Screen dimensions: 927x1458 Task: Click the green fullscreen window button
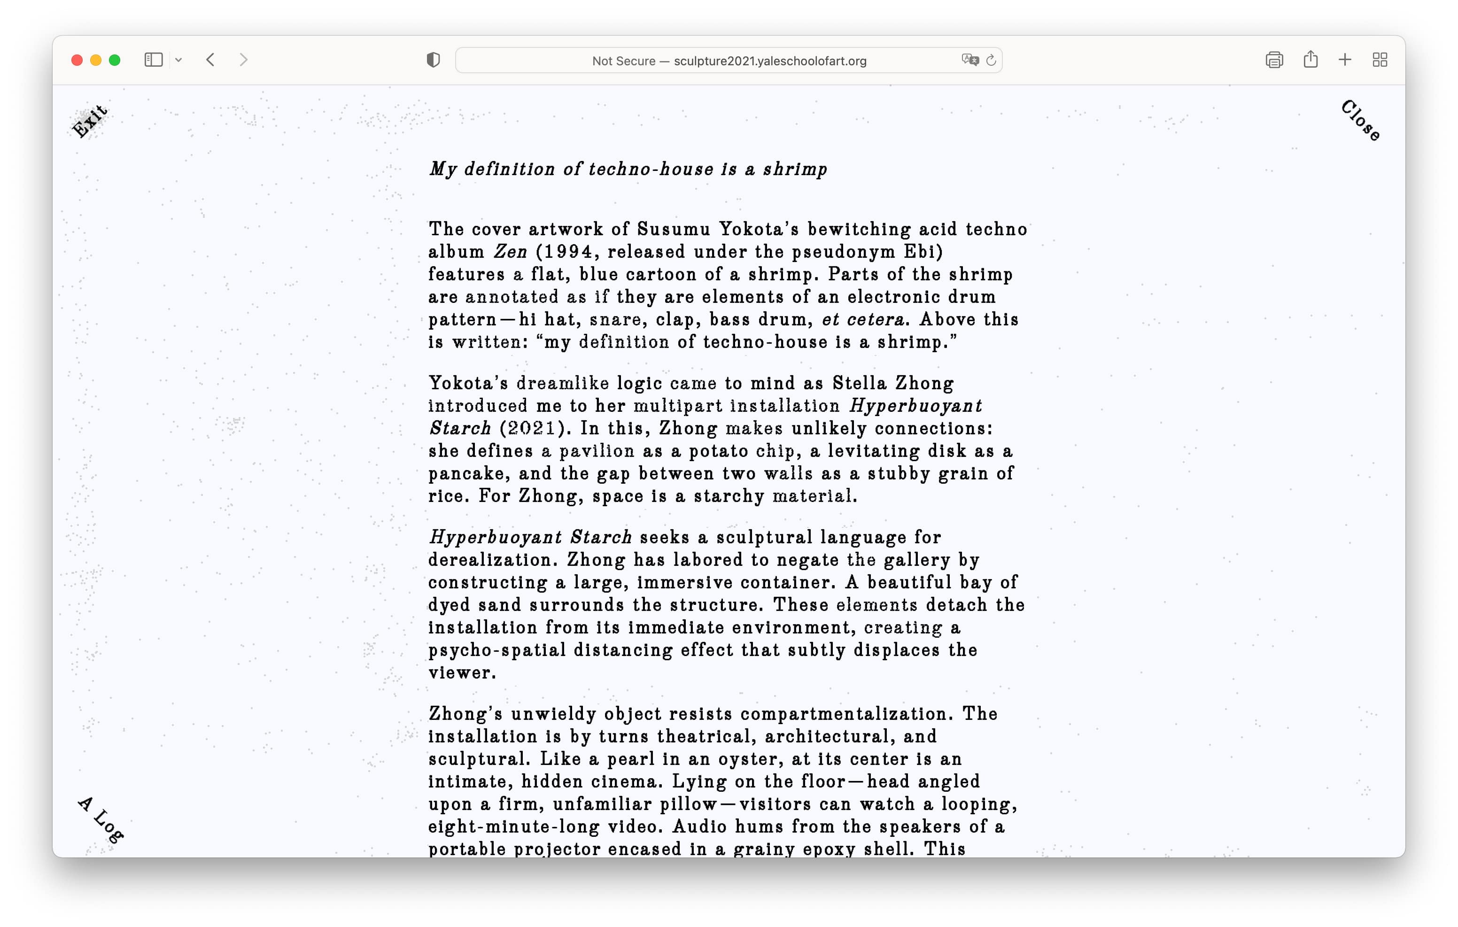coord(115,60)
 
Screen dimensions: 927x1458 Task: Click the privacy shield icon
coord(433,60)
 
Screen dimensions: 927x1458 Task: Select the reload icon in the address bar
coord(991,61)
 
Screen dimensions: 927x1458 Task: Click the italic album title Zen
coord(510,252)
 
